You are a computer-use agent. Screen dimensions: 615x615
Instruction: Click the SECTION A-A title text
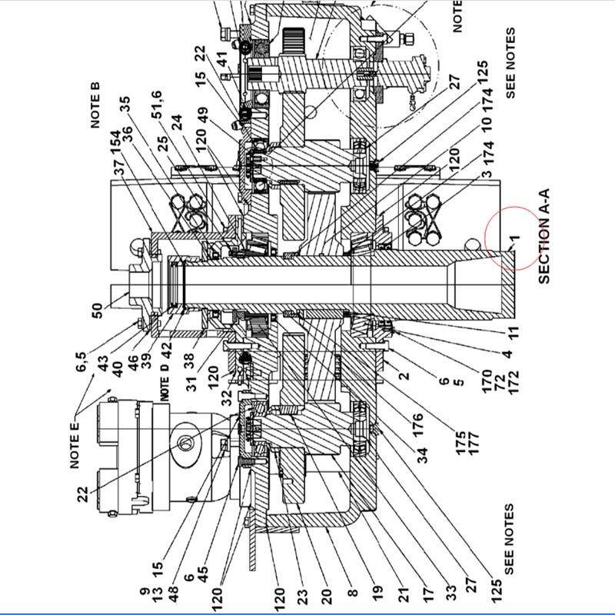click(x=544, y=236)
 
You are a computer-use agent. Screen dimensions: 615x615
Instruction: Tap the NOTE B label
click(x=95, y=105)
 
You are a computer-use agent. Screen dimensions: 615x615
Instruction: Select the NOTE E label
click(x=74, y=445)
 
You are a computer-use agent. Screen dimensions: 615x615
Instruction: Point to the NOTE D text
click(x=165, y=382)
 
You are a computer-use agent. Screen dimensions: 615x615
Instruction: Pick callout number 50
click(x=97, y=311)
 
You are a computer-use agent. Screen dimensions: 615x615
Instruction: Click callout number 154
click(x=115, y=144)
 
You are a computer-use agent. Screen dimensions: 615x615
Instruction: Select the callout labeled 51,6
click(x=157, y=105)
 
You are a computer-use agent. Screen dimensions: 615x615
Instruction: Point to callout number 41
click(x=222, y=59)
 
